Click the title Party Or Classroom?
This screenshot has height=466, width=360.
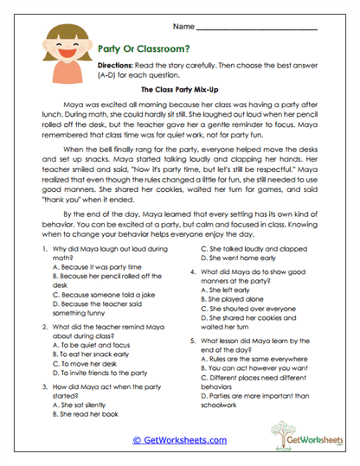(x=138, y=50)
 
